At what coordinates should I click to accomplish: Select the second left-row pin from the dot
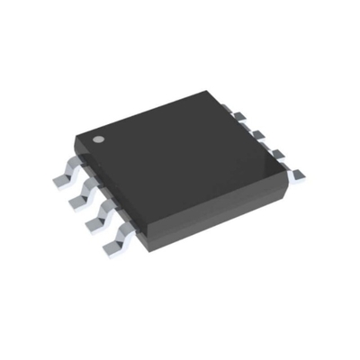pos(85,192)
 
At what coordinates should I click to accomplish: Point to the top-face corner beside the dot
pos(79,137)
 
